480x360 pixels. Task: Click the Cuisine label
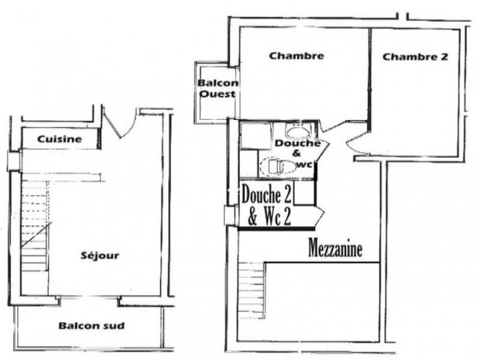coord(60,139)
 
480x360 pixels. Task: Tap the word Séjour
coord(101,255)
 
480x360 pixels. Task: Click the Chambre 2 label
coord(415,57)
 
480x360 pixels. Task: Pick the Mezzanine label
coord(335,249)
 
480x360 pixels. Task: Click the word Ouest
coord(218,94)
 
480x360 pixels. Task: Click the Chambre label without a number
coord(296,56)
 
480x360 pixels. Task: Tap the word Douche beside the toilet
coord(297,144)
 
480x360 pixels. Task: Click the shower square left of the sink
coord(253,135)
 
